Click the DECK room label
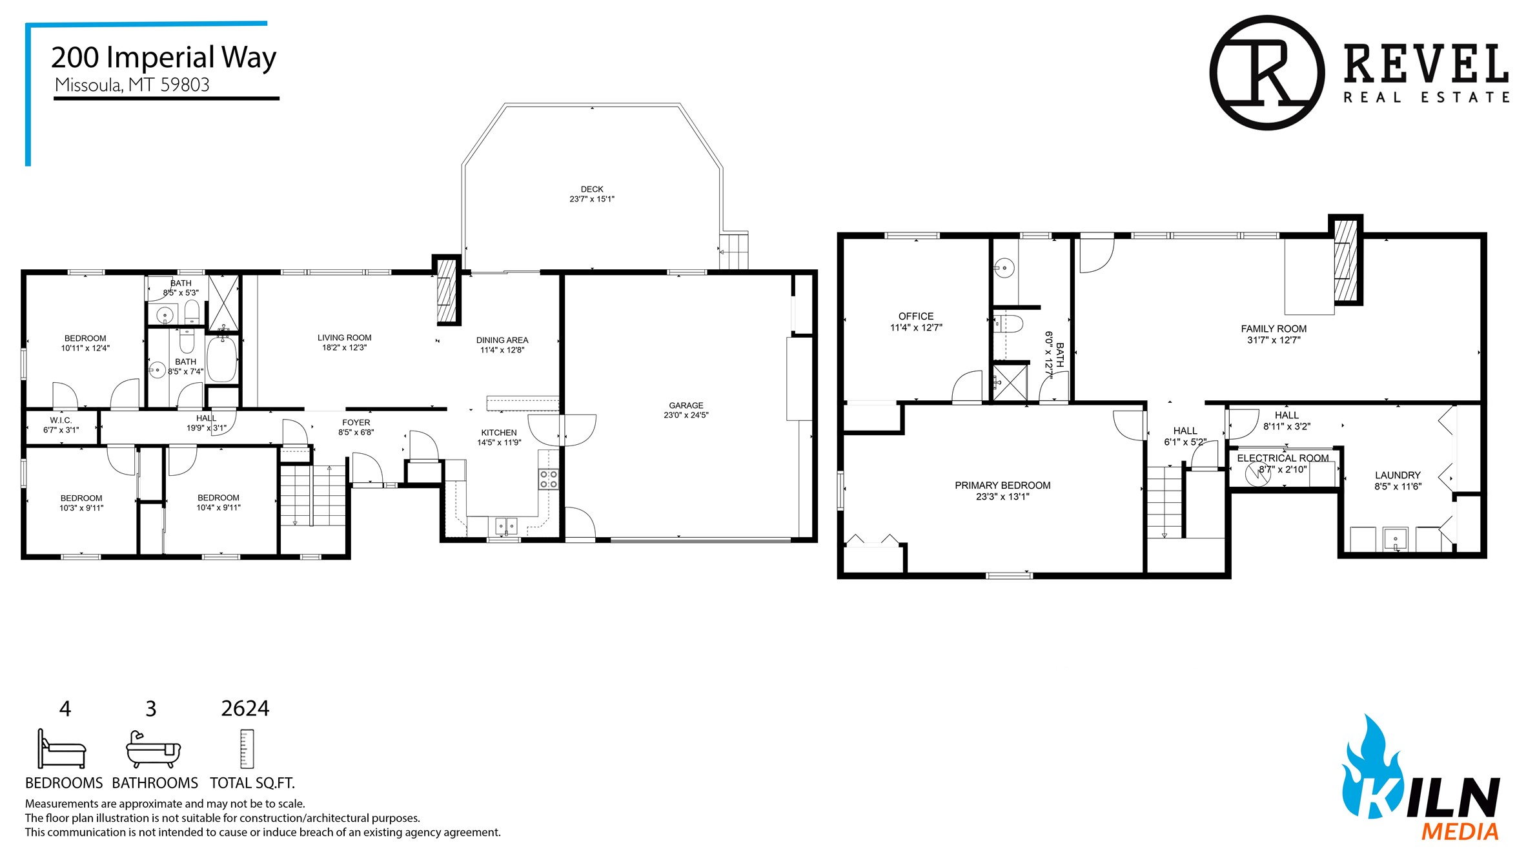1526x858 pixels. click(x=592, y=189)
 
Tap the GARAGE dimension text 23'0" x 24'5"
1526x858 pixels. click(x=686, y=415)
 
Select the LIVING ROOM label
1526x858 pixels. click(x=345, y=338)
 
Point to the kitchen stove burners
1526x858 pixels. click(x=549, y=479)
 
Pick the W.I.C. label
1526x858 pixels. click(x=61, y=420)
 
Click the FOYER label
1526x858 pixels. click(x=356, y=422)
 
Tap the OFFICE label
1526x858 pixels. click(x=916, y=316)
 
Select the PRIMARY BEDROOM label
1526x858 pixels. click(x=1002, y=485)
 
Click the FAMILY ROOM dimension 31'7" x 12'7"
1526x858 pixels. click(x=1274, y=340)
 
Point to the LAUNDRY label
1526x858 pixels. click(x=1398, y=475)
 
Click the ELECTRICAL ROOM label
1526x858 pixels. click(x=1283, y=458)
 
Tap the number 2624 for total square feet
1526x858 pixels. click(x=245, y=708)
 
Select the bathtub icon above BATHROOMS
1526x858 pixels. click(x=153, y=750)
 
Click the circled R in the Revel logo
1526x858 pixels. click(x=1267, y=73)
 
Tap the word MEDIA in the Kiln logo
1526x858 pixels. click(x=1460, y=832)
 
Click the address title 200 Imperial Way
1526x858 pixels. click(x=164, y=57)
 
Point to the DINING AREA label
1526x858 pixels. click(x=502, y=340)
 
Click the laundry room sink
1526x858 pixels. click(x=1395, y=539)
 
